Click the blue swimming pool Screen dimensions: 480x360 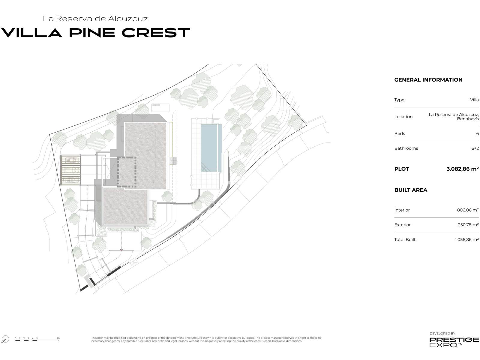[x=211, y=148]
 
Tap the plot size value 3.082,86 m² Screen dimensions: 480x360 [x=462, y=169]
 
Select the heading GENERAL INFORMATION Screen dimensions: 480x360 [x=428, y=80]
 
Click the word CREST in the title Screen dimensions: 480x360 [x=156, y=33]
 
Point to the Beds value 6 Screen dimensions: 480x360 [x=477, y=133]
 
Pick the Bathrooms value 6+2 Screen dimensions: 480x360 [x=475, y=148]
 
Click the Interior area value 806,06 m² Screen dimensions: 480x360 [x=468, y=210]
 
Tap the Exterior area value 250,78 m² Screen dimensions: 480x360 [x=468, y=225]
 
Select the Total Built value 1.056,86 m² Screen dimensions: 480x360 [x=467, y=239]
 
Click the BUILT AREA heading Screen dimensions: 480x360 [x=411, y=190]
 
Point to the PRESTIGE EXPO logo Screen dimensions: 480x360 [x=454, y=342]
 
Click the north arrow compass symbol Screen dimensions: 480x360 [x=5, y=339]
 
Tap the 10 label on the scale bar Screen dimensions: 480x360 [x=58, y=338]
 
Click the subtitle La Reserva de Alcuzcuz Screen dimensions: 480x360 [x=95, y=19]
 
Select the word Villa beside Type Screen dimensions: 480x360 [x=474, y=100]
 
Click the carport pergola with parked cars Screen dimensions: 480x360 [x=70, y=170]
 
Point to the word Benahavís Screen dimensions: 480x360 [x=468, y=119]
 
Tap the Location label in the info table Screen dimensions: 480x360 [x=403, y=117]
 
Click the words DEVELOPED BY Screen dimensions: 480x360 [x=442, y=334]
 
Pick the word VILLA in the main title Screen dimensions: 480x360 [x=32, y=33]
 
